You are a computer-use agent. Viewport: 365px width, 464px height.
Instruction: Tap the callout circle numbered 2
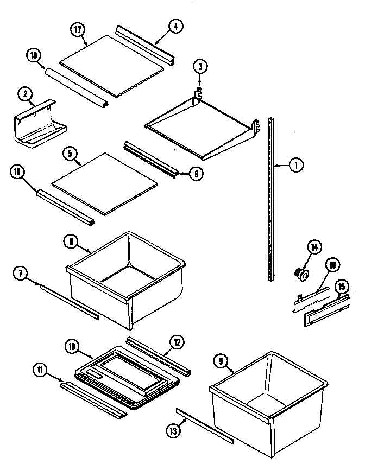pyautogui.click(x=25, y=94)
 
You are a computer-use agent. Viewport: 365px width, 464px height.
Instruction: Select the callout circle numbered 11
pyautogui.click(x=40, y=371)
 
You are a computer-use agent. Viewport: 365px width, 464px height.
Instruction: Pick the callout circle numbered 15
pyautogui.click(x=341, y=286)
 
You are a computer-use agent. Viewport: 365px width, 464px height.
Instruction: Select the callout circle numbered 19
pyautogui.click(x=17, y=173)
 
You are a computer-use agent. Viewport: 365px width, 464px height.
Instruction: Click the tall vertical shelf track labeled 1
pyautogui.click(x=272, y=201)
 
